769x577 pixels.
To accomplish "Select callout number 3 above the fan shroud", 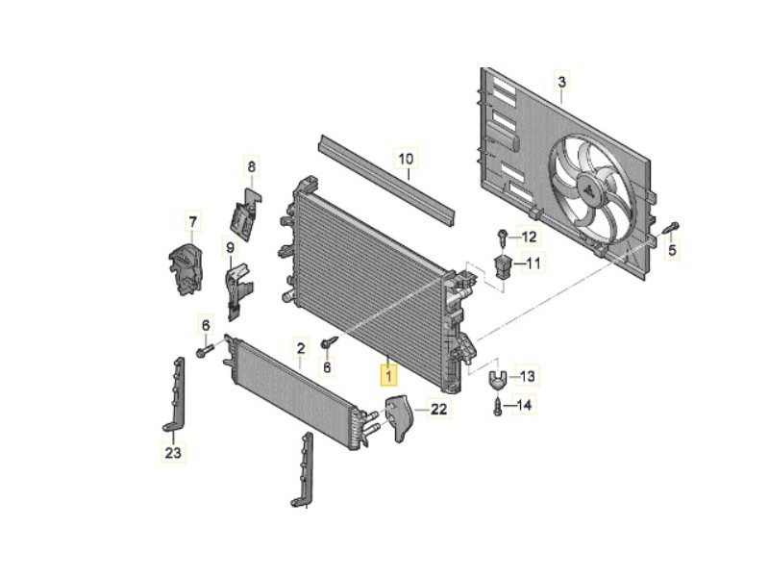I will (x=562, y=81).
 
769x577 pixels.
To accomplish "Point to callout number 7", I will (x=191, y=224).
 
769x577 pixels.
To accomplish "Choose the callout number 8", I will (x=252, y=167).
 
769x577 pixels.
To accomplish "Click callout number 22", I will (x=438, y=410).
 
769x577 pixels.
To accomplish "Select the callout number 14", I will (x=523, y=406).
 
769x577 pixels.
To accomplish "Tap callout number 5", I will (x=673, y=251).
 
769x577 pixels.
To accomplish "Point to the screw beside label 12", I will (x=503, y=236).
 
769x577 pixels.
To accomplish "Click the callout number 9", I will (x=230, y=248).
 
